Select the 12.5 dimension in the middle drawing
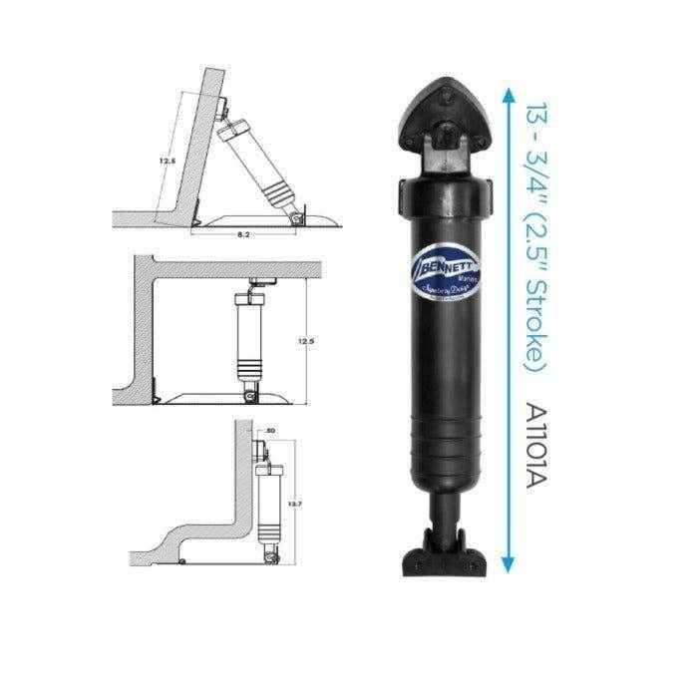[306, 341]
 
